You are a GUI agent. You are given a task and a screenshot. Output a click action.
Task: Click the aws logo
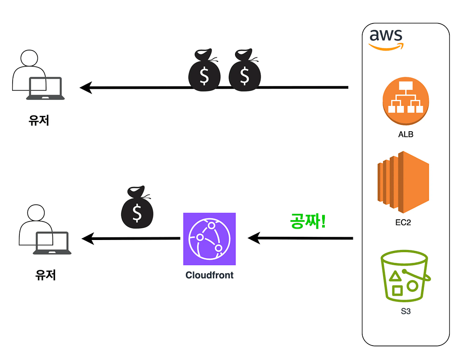tap(386, 40)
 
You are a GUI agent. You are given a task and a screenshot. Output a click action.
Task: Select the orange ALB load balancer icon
tap(406, 101)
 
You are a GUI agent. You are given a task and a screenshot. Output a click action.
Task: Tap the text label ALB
tap(406, 134)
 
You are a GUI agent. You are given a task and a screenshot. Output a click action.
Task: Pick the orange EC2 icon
tap(403, 182)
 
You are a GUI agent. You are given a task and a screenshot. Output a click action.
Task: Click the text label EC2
tap(403, 222)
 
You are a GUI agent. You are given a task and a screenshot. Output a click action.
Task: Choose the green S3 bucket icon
tap(406, 276)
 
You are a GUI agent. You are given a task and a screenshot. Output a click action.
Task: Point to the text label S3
tap(406, 311)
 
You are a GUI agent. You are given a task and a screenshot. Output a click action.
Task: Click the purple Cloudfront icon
tap(209, 239)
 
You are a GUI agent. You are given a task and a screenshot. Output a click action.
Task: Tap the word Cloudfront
tap(209, 275)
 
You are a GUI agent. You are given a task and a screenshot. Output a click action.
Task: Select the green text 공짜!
tap(308, 221)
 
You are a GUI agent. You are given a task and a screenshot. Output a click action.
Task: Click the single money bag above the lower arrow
tap(137, 207)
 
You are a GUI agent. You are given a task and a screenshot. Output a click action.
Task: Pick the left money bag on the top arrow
tap(204, 70)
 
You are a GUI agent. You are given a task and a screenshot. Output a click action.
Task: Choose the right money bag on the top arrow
tap(245, 70)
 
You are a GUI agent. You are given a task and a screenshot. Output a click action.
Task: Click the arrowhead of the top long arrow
tap(85, 88)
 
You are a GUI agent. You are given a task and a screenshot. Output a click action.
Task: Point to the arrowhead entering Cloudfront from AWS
tap(254, 238)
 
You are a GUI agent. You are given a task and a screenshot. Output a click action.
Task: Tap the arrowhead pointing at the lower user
tap(88, 239)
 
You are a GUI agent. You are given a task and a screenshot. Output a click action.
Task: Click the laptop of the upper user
tap(46, 88)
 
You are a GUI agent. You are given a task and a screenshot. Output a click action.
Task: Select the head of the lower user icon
tap(36, 212)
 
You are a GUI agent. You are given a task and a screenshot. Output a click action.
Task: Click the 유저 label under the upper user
tap(39, 120)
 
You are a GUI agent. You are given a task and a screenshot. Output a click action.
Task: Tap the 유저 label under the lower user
tap(46, 275)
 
